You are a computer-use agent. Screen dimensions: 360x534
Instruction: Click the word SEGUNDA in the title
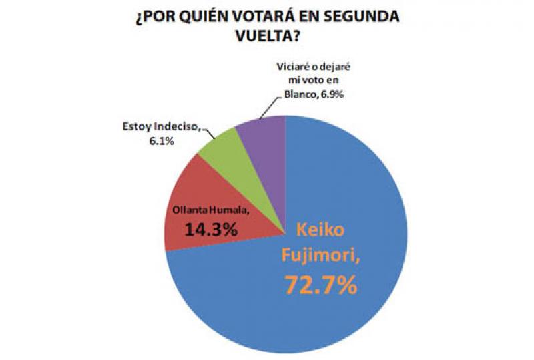365,17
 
